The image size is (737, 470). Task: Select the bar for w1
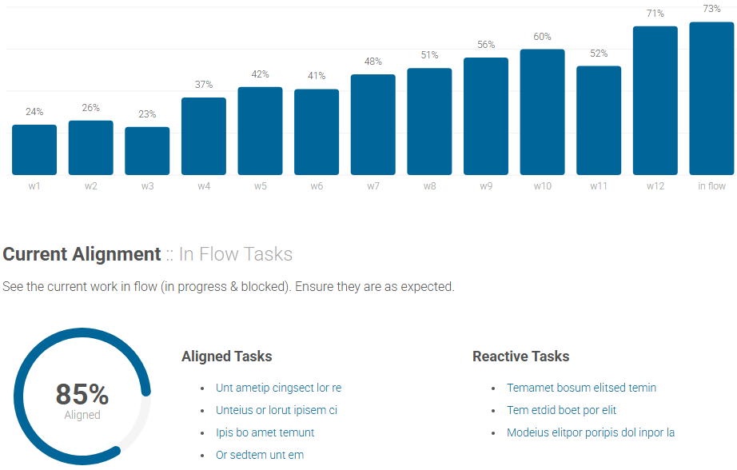(34, 150)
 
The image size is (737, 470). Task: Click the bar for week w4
(204, 137)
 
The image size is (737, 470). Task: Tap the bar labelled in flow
(711, 99)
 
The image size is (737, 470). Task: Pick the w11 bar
(599, 121)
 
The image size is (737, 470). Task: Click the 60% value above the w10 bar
(542, 37)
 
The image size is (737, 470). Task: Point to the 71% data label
(655, 14)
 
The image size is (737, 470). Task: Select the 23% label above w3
(147, 114)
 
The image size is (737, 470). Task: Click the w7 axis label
(373, 186)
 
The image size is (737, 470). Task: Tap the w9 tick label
(486, 186)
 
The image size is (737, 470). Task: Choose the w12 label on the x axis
(655, 186)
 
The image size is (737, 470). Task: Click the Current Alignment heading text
(82, 254)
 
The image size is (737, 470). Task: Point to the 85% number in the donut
(82, 394)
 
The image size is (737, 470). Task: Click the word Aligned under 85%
(82, 415)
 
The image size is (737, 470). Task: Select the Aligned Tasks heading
(227, 356)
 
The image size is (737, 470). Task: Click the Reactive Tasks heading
(521, 356)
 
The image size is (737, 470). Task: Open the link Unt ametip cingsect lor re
(278, 388)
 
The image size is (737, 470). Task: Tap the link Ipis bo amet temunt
(265, 432)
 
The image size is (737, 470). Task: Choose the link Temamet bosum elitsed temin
(581, 388)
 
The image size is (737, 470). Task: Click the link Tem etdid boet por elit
(561, 410)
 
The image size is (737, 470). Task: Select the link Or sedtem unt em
(260, 455)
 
